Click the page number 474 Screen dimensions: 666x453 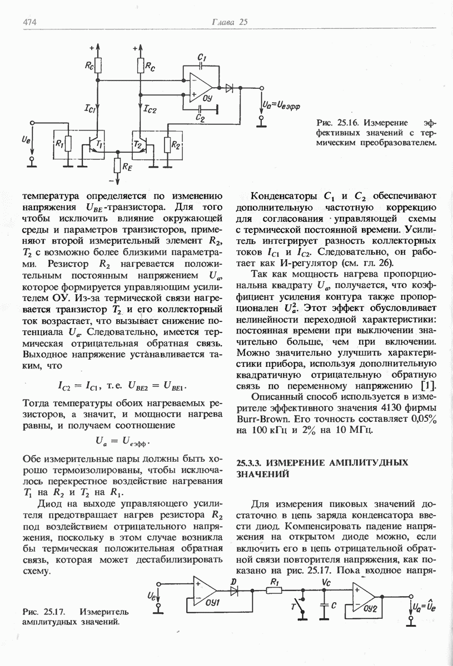point(29,22)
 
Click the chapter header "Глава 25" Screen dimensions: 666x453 point(229,22)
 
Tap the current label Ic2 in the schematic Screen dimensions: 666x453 point(150,110)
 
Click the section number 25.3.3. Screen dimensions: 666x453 point(253,462)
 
